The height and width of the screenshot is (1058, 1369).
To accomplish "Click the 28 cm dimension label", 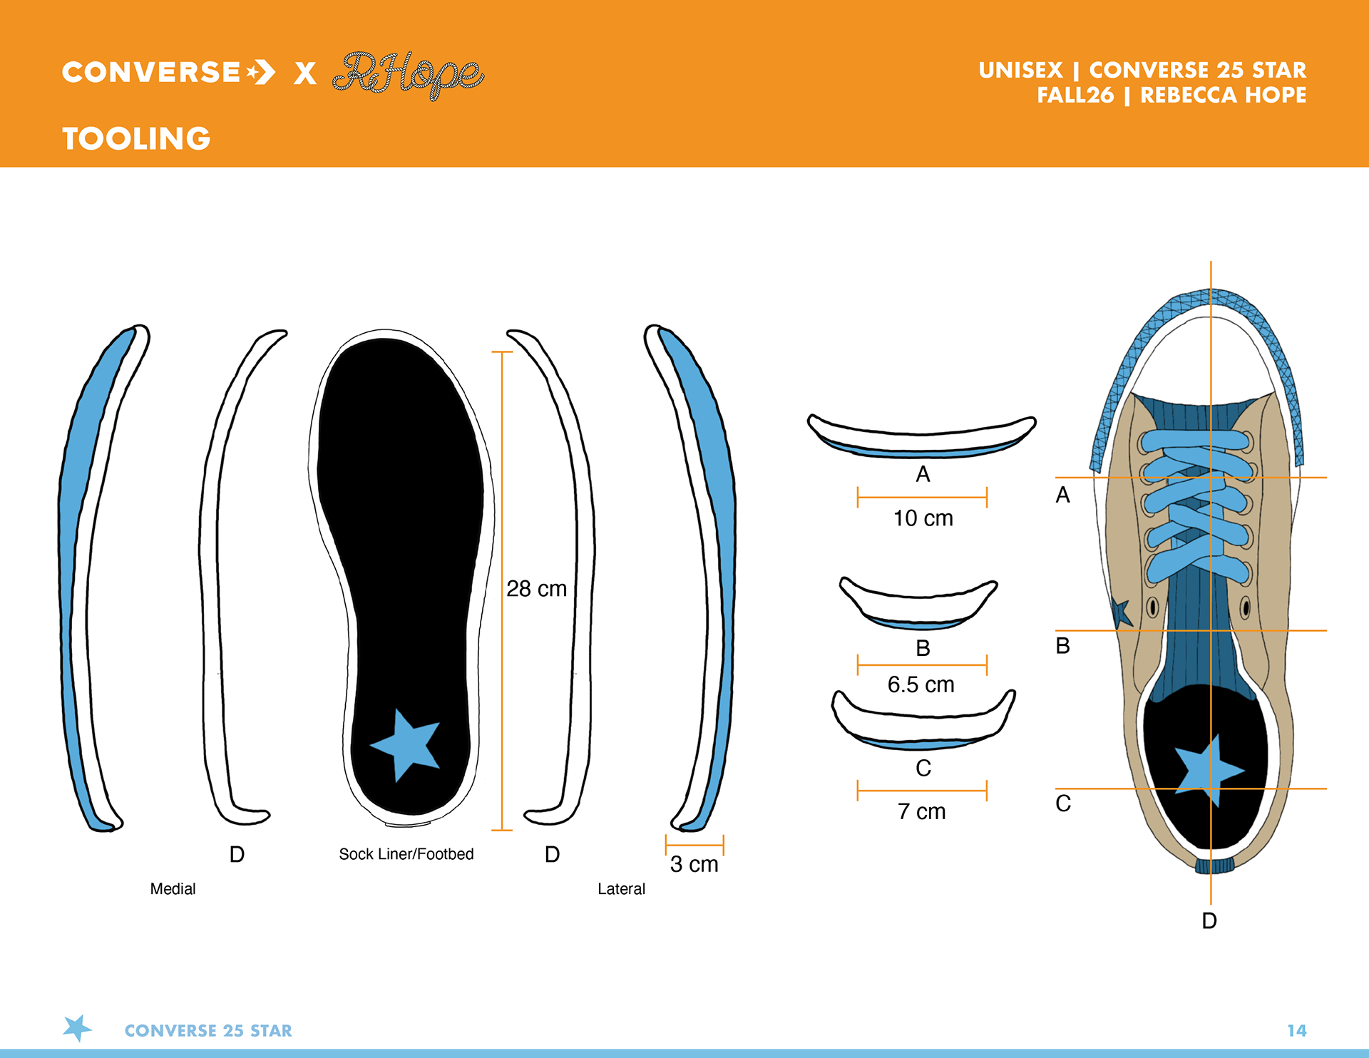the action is click(x=536, y=589).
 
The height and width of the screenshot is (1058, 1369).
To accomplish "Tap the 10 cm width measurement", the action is click(x=923, y=518).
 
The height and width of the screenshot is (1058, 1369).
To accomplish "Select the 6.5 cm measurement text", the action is click(x=921, y=684).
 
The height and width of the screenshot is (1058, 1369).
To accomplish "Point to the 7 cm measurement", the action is click(x=921, y=811).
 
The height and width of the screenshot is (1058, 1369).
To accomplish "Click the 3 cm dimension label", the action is click(x=694, y=864).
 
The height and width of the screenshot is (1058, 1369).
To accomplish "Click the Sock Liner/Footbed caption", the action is click(x=406, y=854).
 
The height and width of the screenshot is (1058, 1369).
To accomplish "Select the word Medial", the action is click(x=173, y=889).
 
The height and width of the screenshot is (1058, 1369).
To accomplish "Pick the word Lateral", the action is click(x=621, y=889).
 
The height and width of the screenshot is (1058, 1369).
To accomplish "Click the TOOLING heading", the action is click(x=136, y=138).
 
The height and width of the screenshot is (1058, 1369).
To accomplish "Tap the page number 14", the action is click(x=1296, y=1030).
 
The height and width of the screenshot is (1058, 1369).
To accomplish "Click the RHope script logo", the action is click(x=409, y=73).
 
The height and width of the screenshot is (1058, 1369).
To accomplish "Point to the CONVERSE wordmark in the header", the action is click(x=151, y=72).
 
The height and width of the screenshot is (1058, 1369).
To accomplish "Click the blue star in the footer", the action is click(x=77, y=1028).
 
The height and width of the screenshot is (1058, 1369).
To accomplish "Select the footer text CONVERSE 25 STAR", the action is click(x=208, y=1031).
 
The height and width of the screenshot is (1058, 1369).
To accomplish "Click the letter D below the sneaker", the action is click(x=1209, y=920).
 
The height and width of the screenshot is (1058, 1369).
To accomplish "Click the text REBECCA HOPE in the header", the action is click(x=1223, y=95).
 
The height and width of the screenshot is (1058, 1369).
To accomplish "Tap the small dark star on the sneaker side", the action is click(x=1122, y=612).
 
